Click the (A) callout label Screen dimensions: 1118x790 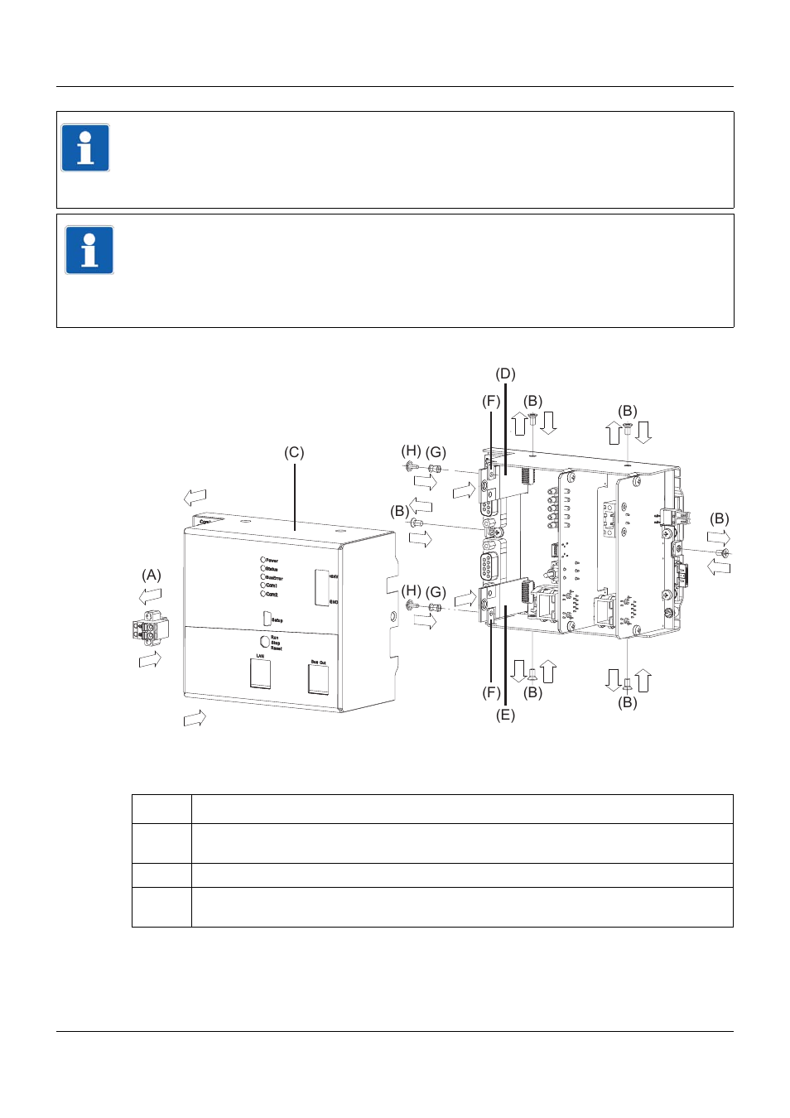(151, 575)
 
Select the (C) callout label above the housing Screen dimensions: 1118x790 (294, 452)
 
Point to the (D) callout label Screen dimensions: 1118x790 (505, 373)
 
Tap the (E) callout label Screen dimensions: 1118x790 (505, 715)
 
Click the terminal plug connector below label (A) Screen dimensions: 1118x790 (149, 629)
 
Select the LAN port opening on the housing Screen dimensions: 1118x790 (260, 673)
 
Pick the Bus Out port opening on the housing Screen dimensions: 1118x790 (318, 679)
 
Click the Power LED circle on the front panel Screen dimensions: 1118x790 (263, 560)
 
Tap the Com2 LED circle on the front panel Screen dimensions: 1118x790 (263, 594)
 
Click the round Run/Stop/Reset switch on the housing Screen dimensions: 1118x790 (265, 641)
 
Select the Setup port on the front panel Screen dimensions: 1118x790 (267, 618)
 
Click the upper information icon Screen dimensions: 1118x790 (85, 148)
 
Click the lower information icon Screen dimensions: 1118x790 (89, 250)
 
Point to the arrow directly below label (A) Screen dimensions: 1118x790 (150, 659)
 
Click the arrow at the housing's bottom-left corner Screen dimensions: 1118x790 (195, 718)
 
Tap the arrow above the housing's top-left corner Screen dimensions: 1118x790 (195, 497)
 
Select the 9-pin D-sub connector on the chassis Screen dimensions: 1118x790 (488, 568)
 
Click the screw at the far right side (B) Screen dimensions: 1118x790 (723, 552)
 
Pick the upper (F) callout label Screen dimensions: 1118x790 (491, 401)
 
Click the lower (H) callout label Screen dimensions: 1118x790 (411, 591)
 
